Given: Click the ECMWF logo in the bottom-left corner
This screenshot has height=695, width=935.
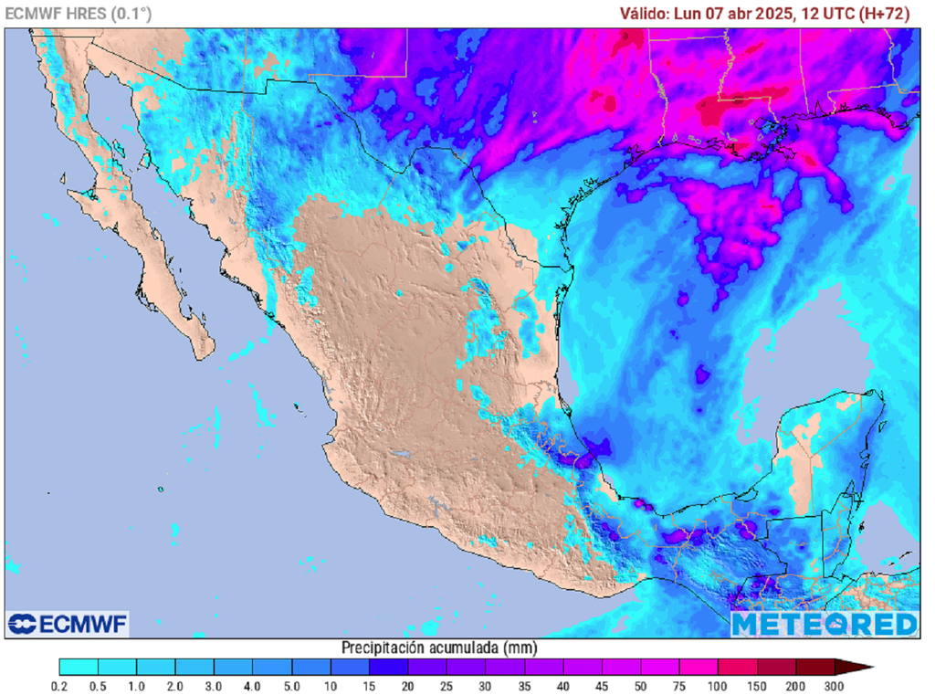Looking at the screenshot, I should [x=68, y=624].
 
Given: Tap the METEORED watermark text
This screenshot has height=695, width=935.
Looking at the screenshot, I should [x=824, y=625].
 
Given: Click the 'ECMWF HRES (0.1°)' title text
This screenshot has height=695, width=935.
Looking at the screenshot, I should [x=79, y=14].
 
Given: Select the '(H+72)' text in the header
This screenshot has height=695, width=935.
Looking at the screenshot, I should [x=886, y=14].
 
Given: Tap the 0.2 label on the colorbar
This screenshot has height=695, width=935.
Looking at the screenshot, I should [x=60, y=686].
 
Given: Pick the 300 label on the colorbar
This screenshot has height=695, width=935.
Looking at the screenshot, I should [x=834, y=686].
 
